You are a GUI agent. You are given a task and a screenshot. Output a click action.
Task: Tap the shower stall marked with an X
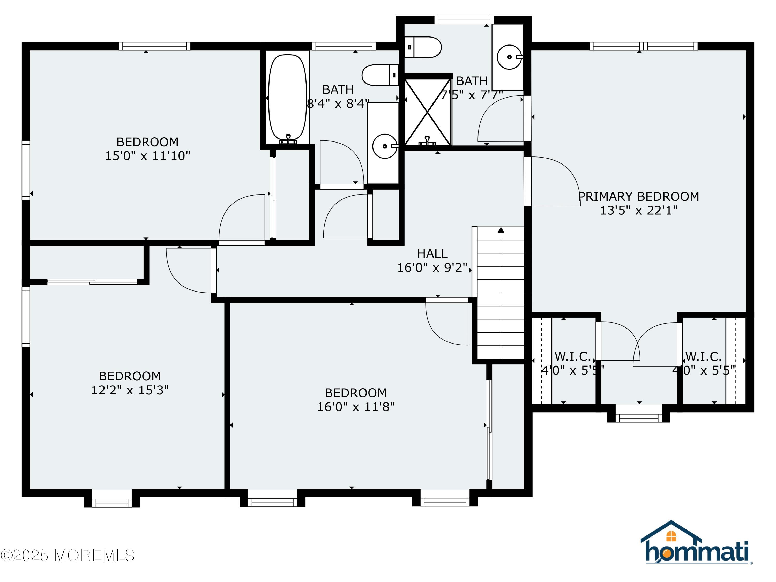click(x=428, y=112)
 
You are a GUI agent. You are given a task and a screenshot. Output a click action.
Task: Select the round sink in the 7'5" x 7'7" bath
click(x=509, y=57)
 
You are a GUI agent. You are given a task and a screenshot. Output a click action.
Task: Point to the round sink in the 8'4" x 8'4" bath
click(x=385, y=146)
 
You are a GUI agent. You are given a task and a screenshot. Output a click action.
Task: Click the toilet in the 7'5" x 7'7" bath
click(x=423, y=47)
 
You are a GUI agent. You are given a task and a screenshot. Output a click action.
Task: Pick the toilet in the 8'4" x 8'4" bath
click(x=380, y=75)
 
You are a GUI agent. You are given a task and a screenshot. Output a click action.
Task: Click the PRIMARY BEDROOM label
click(x=638, y=196)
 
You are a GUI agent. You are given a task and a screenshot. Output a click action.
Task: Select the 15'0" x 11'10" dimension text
click(x=148, y=156)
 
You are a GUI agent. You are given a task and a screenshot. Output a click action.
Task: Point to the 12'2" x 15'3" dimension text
click(x=130, y=390)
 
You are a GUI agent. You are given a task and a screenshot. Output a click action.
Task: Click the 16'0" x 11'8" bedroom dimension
click(x=356, y=407)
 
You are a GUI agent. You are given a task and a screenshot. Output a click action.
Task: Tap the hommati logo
click(x=696, y=543)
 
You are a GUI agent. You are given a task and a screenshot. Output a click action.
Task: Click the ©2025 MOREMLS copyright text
click(x=67, y=555)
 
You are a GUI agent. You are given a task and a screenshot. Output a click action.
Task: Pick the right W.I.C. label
click(x=703, y=356)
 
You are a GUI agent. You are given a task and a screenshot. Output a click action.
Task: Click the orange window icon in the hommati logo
click(x=671, y=536)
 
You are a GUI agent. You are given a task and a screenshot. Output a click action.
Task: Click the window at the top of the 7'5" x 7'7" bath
click(x=464, y=20)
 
